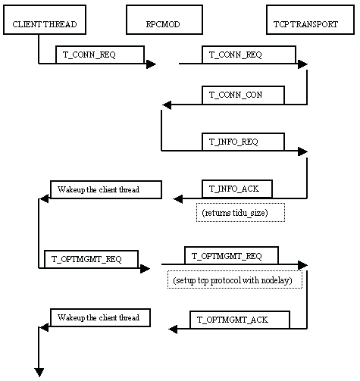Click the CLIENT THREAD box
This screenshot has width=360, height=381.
[45, 20]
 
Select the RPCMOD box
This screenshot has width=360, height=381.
[164, 20]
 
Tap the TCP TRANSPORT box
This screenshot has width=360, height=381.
[311, 20]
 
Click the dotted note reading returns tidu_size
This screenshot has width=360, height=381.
[240, 213]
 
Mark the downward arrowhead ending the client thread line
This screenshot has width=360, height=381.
[39, 373]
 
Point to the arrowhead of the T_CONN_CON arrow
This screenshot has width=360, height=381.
[167, 105]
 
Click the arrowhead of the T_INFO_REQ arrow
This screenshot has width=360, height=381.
[302, 151]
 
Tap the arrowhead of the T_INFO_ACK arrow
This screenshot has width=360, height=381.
[178, 199]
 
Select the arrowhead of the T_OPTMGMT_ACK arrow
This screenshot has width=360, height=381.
[173, 329]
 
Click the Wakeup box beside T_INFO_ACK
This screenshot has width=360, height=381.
[106, 189]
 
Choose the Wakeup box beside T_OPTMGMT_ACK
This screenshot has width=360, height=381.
[101, 317]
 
